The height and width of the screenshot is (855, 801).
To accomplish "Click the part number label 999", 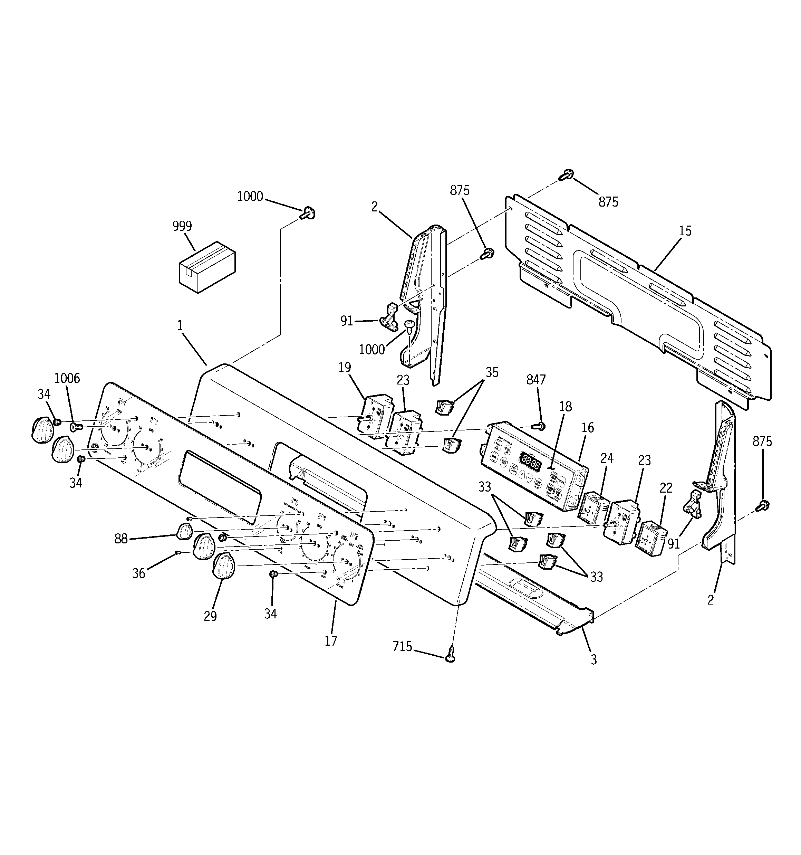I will [182, 226].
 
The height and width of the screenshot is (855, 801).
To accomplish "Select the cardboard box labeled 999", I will [207, 267].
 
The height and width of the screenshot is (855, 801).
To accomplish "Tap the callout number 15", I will [685, 231].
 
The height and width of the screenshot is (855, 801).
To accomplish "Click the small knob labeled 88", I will [184, 532].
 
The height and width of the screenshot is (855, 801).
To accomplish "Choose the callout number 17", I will [331, 641].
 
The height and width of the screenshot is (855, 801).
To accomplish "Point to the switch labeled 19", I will [376, 415].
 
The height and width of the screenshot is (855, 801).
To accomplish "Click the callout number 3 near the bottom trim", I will [593, 660].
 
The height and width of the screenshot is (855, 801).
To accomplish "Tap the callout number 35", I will [492, 372].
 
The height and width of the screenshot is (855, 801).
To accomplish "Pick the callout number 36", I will [138, 573].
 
